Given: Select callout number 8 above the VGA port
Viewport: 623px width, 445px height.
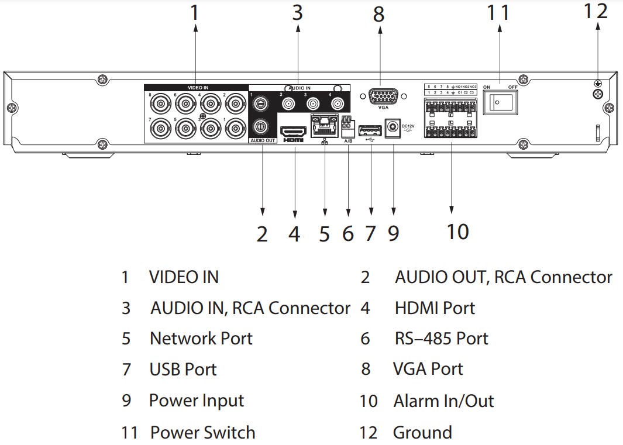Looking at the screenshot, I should tap(379, 15).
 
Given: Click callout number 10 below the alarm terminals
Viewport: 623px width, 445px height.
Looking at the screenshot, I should tap(458, 232).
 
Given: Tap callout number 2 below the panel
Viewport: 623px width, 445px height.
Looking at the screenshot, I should tap(262, 233).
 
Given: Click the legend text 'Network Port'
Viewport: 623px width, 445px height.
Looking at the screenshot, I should tap(201, 339).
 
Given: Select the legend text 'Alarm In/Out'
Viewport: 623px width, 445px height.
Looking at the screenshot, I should tap(443, 401).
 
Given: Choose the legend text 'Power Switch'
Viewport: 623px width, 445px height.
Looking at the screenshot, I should tap(202, 433).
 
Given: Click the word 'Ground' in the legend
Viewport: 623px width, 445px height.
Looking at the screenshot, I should tap(422, 433).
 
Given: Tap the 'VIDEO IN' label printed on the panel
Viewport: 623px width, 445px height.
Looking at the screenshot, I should tap(198, 88).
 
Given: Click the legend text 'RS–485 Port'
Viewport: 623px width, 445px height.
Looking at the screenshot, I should tap(441, 339).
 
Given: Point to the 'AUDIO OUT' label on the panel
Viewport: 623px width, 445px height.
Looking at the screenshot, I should tap(262, 140).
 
